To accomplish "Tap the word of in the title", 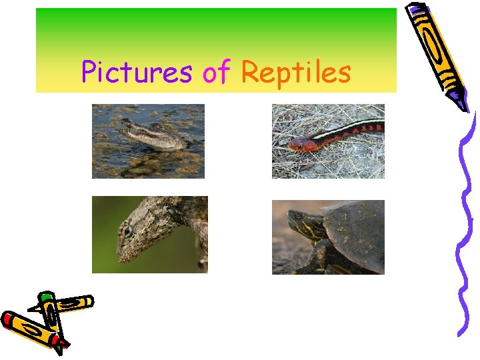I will [216, 72].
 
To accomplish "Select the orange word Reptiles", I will [296, 72].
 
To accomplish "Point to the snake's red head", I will [299, 143].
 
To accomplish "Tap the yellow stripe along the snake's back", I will [347, 129].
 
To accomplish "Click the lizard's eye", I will [128, 230].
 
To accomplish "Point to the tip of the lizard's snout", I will [120, 257].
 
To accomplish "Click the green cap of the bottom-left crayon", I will [46, 297].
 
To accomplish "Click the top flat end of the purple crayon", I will [417, 9].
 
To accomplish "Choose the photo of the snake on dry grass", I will [328, 141].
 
